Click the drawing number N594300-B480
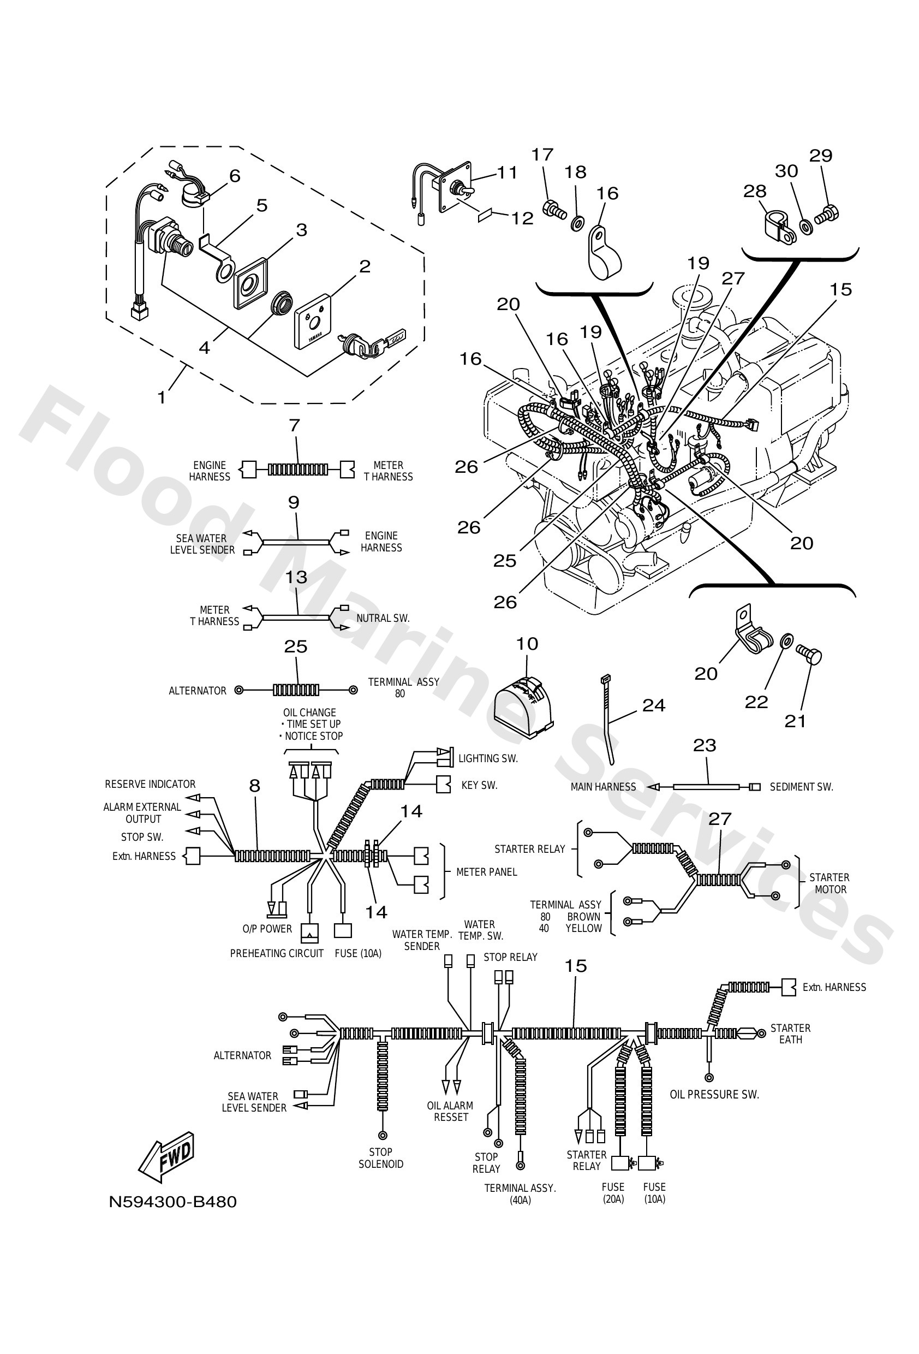pos(172,1202)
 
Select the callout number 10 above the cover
pos(527,644)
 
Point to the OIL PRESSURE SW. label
pos(714,1095)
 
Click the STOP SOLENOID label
pos(380,1158)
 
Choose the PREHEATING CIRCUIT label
pos(276,954)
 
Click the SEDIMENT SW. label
pos(801,787)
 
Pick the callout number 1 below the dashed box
pos(162,397)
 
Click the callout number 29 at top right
pos(821,156)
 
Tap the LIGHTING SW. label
pos(487,758)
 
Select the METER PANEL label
pos(486,872)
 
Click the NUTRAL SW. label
pos(383,618)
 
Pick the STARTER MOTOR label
pos(830,883)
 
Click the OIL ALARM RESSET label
pos(450,1112)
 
